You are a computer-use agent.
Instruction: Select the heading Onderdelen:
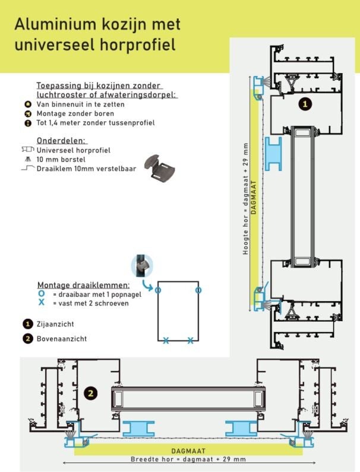pyautogui.click(x=61, y=141)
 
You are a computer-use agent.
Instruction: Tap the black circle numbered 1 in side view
pyautogui.click(x=305, y=104)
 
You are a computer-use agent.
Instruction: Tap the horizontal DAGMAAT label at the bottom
pyautogui.click(x=188, y=451)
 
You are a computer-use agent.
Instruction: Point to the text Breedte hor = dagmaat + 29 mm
pyautogui.click(x=188, y=459)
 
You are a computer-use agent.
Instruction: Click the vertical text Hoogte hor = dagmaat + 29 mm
pyautogui.click(x=245, y=199)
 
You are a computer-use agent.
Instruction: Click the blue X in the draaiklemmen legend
pyautogui.click(x=41, y=303)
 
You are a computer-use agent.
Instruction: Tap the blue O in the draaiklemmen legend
pyautogui.click(x=41, y=294)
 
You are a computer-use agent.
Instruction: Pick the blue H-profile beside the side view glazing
pyautogui.click(x=273, y=154)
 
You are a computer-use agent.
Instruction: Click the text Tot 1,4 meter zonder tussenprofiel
pyautogui.click(x=95, y=123)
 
